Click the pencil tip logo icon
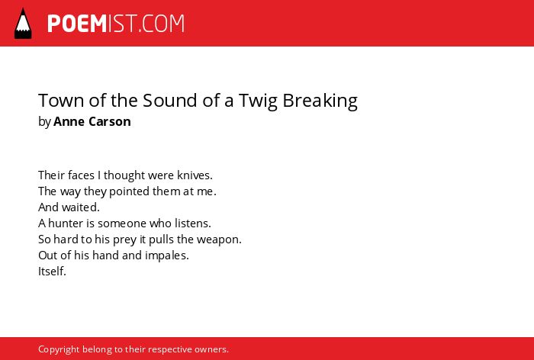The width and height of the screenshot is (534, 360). (23, 24)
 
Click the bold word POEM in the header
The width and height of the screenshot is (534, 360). (77, 24)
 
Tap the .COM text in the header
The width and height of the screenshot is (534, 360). (162, 24)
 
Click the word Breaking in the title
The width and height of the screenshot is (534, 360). (320, 101)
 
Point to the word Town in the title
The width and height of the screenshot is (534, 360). (62, 101)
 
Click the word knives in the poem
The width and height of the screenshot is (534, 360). (195, 175)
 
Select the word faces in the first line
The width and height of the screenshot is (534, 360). (81, 175)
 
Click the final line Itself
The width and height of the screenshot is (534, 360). (52, 271)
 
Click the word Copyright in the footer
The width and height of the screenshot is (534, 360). (59, 349)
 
